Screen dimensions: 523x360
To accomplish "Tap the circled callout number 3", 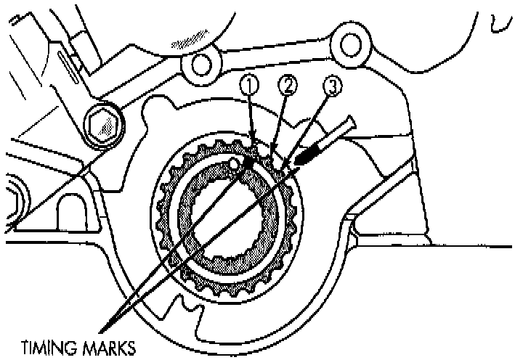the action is click(331, 86).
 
